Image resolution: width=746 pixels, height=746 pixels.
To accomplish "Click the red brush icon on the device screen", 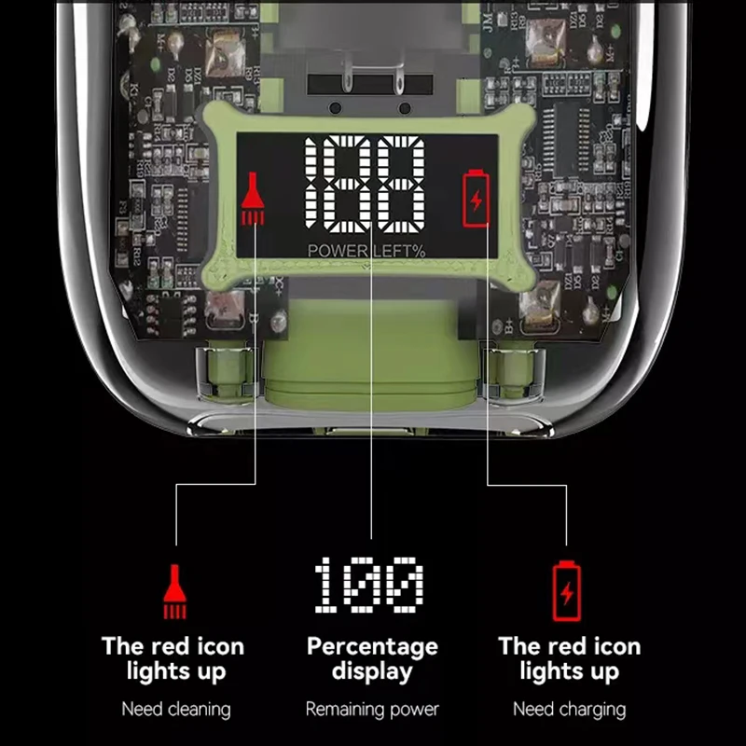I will (252, 199).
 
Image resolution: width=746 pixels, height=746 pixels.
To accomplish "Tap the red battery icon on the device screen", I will (476, 198).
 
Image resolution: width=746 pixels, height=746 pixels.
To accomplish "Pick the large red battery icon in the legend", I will (566, 591).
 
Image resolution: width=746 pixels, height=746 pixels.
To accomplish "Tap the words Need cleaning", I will (175, 710).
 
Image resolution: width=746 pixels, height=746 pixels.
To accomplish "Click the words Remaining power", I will (372, 710).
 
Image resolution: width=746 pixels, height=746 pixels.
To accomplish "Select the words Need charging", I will (569, 710).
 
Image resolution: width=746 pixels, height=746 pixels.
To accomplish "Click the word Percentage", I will (372, 646).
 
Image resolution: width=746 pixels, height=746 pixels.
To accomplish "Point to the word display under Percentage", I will (372, 671).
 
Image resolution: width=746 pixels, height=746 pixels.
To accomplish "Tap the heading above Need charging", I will (569, 658).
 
